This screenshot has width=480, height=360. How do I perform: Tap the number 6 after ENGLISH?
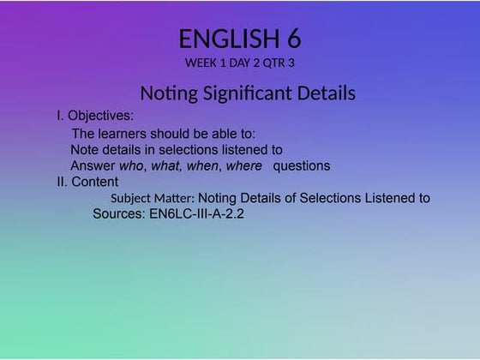click(292, 39)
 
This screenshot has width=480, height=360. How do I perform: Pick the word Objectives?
click(101, 115)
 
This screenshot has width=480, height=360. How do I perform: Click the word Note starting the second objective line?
click(85, 150)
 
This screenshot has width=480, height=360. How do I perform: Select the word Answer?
click(93, 165)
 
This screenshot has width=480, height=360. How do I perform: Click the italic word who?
click(132, 165)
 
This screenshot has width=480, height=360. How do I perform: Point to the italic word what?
click(165, 165)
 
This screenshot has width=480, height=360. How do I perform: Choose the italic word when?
click(203, 165)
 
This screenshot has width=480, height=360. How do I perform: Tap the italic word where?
click(243, 165)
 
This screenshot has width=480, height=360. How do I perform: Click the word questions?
click(301, 165)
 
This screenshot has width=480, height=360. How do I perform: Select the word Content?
click(95, 182)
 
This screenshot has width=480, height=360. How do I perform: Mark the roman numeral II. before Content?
click(62, 182)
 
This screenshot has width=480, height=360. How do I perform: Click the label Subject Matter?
click(153, 199)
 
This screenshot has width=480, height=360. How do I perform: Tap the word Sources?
click(119, 215)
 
